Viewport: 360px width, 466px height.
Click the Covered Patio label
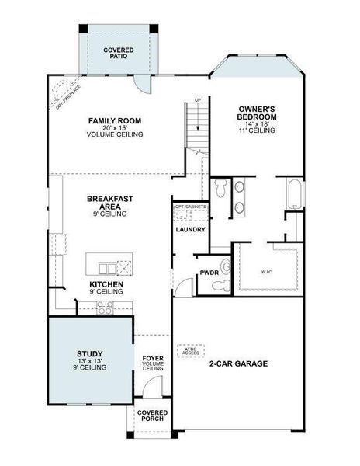tap(118, 53)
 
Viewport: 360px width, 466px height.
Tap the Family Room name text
tap(116, 121)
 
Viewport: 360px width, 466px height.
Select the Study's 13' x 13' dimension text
tap(90, 361)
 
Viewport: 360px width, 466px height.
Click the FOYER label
tap(152, 359)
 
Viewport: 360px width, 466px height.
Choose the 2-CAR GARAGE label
tap(238, 363)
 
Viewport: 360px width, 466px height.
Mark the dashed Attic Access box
tap(190, 350)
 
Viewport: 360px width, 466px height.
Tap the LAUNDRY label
tap(190, 230)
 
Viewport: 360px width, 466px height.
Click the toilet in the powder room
tap(226, 267)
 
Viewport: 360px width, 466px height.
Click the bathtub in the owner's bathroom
tap(296, 194)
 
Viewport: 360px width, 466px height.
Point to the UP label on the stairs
tap(198, 101)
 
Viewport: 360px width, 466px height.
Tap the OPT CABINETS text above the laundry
tap(190, 207)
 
